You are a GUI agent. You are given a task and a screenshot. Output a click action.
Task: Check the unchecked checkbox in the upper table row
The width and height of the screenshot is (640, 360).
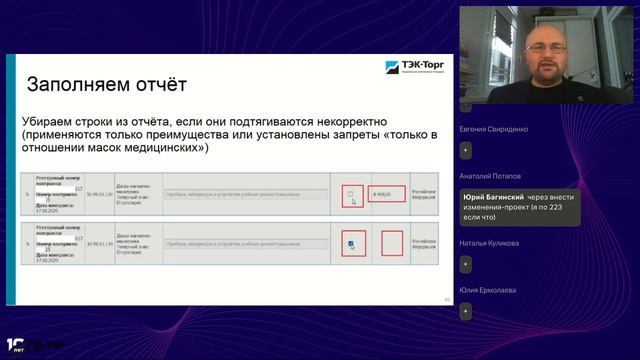tap(350, 194)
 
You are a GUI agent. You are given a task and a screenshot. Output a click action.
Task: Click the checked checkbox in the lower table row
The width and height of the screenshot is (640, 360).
tap(350, 243)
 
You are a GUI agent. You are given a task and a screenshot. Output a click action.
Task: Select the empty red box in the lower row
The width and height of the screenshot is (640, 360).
tap(391, 243)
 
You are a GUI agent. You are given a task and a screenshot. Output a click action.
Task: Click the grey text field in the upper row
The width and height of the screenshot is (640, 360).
tap(244, 194)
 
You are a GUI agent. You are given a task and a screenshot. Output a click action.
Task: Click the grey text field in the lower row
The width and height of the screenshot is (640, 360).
tap(244, 242)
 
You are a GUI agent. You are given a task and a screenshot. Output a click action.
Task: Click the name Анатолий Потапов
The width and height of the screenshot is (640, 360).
tap(489, 175)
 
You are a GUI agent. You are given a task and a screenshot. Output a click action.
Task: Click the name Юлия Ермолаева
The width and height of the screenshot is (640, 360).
tap(488, 289)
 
